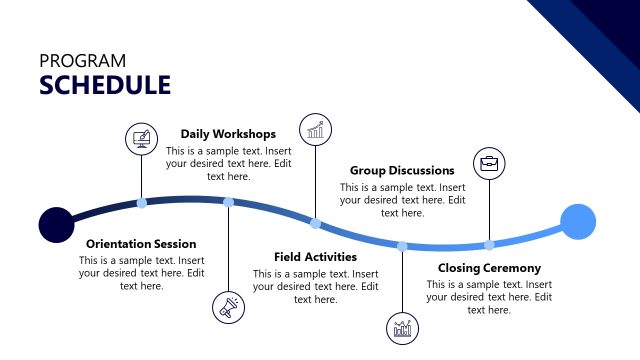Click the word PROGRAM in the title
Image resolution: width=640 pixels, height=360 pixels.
(83, 60)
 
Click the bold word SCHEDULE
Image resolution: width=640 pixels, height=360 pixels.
(105, 85)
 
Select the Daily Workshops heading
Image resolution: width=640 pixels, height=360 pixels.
(228, 133)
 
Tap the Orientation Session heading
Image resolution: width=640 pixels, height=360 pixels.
(141, 244)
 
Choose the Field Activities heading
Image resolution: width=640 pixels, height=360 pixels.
(315, 257)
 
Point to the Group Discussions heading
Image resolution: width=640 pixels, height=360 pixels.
(402, 170)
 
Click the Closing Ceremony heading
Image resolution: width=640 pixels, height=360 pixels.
(489, 268)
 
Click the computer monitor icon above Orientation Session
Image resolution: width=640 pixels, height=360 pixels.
(141, 138)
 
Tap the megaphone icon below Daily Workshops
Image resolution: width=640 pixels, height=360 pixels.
(228, 307)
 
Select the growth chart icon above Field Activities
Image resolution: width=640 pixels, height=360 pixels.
(316, 129)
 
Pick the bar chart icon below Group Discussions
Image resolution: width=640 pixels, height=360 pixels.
(402, 328)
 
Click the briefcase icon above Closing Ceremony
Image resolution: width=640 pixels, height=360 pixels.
(489, 163)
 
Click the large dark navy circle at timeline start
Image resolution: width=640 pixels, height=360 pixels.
(56, 225)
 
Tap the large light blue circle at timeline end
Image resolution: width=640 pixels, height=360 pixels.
(578, 221)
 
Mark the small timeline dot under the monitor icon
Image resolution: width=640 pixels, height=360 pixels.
(141, 203)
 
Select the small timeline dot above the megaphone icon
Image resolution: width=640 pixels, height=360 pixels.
(228, 202)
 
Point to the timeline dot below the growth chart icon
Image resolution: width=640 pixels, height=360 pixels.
(315, 224)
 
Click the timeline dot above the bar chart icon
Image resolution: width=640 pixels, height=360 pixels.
(402, 246)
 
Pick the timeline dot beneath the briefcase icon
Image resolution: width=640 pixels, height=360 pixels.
(489, 245)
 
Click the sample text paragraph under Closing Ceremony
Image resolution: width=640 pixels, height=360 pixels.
(489, 297)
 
